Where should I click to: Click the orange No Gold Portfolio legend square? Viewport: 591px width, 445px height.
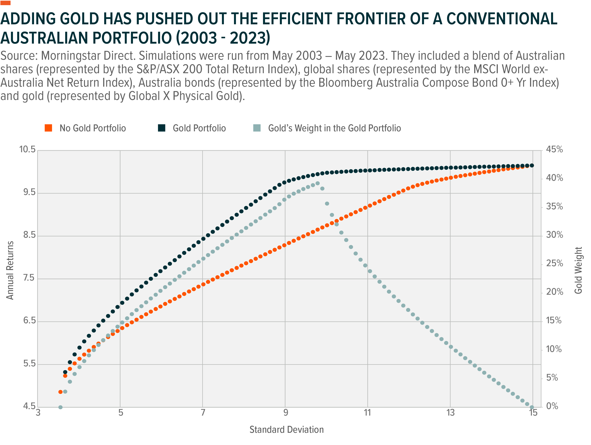tap(48, 128)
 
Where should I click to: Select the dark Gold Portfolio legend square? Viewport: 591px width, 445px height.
tap(162, 128)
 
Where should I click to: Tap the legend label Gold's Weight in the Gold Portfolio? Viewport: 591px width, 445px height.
tap(334, 128)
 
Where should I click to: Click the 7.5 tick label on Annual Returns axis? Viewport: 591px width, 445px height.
tap(29, 278)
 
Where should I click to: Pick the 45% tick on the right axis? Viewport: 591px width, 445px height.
tap(554, 149)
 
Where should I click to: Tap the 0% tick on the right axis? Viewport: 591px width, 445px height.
tap(552, 406)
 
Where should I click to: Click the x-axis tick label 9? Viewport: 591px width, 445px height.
tap(286, 413)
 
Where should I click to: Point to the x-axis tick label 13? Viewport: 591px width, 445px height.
tap(450, 413)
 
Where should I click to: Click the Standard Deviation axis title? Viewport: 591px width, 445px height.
tap(286, 430)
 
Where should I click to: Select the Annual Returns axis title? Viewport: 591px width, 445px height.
tap(10, 270)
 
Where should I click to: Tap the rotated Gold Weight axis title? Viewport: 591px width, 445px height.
tap(578, 270)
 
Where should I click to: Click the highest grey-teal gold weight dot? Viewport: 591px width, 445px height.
tap(317, 183)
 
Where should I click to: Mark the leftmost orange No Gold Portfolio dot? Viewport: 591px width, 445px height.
tap(60, 392)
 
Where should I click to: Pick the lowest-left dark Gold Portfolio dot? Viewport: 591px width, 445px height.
tap(65, 372)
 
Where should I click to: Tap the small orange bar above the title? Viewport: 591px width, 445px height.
tap(5, 3)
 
